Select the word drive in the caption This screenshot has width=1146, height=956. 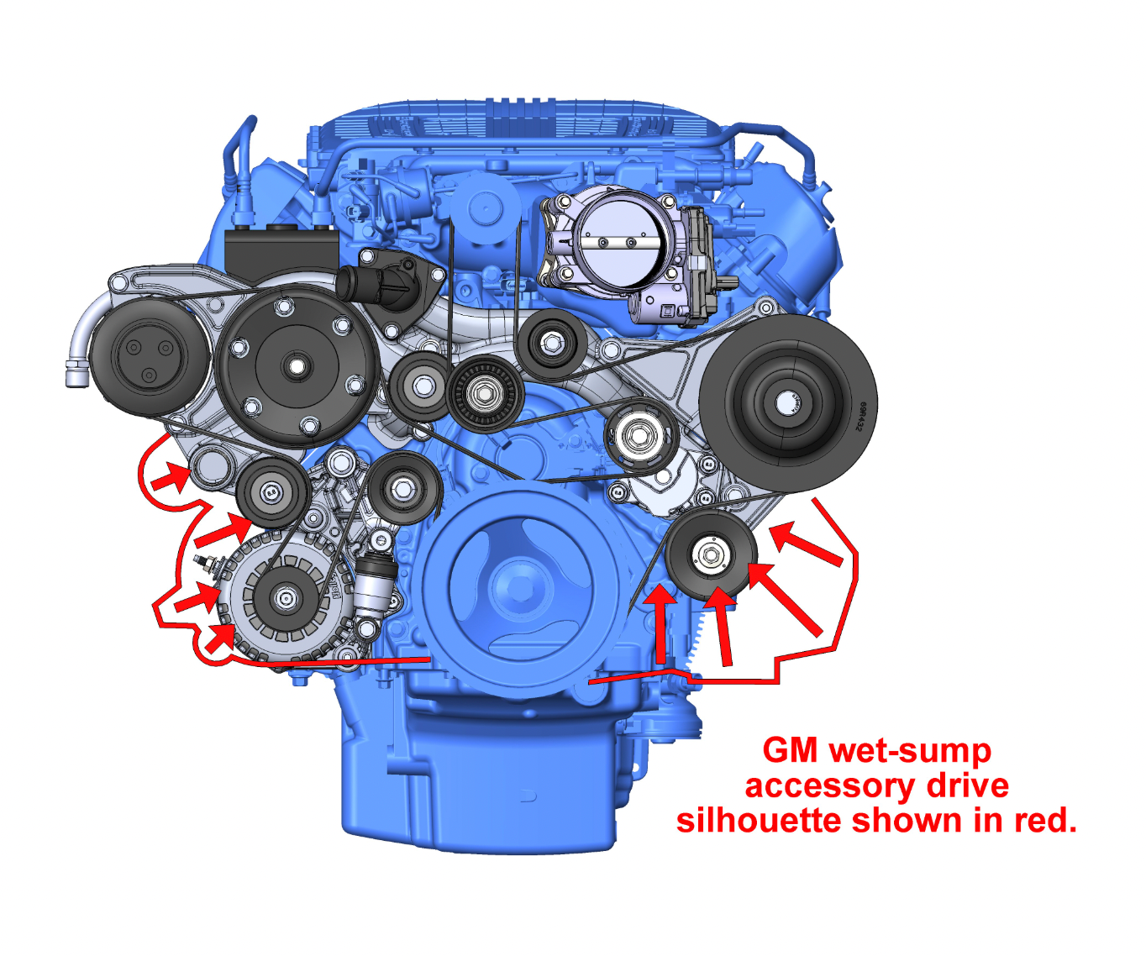tap(967, 785)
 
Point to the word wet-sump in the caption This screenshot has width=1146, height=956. tap(911, 751)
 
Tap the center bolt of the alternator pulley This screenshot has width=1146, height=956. tap(285, 597)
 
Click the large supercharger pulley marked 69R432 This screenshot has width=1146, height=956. tap(787, 403)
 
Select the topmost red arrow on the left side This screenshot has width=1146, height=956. tap(171, 476)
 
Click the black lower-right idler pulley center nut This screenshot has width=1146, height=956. tap(710, 555)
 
